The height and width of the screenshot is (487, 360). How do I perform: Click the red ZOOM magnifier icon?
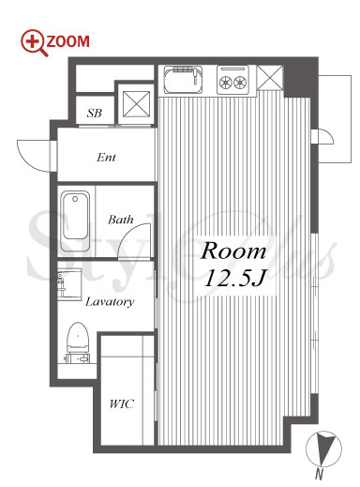(x=34, y=42)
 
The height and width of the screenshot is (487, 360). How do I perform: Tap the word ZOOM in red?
(x=67, y=41)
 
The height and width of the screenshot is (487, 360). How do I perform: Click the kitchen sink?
(x=183, y=80)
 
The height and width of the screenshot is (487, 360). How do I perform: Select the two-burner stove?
(x=233, y=80)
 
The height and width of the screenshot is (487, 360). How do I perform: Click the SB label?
(x=95, y=113)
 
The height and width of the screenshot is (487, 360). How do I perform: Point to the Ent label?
(x=106, y=157)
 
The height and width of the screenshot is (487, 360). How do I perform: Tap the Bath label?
(x=121, y=220)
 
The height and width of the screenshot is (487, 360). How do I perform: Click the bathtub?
(x=75, y=221)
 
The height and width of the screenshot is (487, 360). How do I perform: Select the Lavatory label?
(x=110, y=302)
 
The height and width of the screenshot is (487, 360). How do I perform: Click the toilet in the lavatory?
(x=78, y=343)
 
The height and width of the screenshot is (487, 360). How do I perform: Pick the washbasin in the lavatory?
(x=69, y=284)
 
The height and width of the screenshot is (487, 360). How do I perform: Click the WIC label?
(x=122, y=403)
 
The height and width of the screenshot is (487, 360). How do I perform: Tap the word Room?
(x=233, y=251)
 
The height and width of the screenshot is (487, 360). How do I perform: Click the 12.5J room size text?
(x=234, y=278)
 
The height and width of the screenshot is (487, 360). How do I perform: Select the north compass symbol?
(x=323, y=449)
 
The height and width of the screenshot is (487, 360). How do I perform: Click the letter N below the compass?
(x=319, y=475)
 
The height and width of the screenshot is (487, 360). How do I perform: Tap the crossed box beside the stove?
(x=270, y=78)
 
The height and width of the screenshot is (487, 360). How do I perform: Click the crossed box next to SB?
(x=136, y=104)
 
